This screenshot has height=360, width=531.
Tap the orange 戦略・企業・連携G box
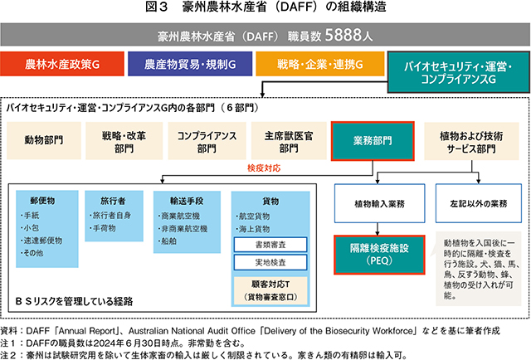pyautogui.click(x=319, y=64)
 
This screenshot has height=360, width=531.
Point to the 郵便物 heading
pyautogui.click(x=42, y=200)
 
